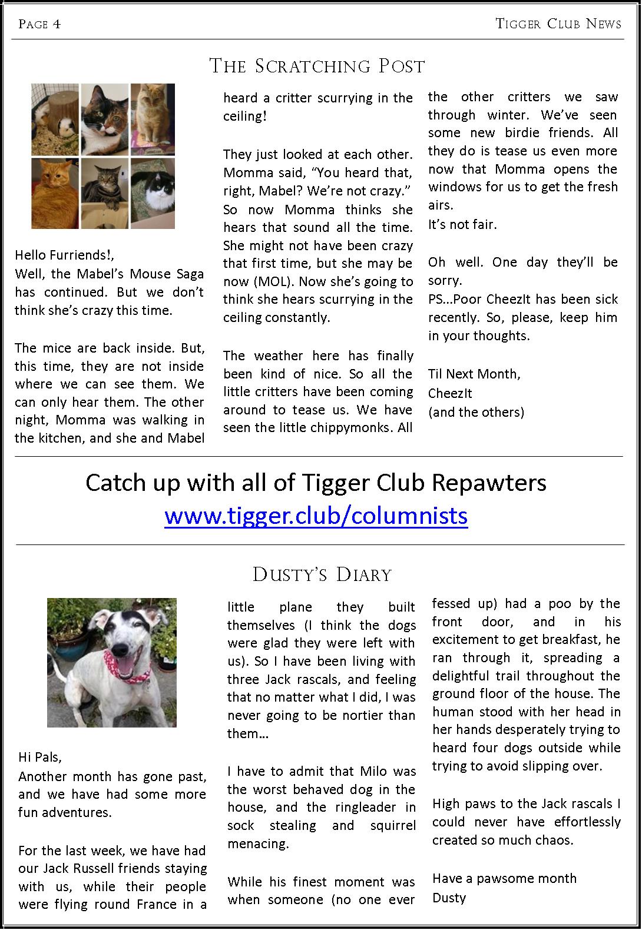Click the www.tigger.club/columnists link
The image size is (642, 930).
316,516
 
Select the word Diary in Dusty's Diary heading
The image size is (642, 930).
363,574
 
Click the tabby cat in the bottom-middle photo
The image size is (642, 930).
104,192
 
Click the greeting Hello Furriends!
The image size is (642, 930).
64,255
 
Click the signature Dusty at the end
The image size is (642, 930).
449,898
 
